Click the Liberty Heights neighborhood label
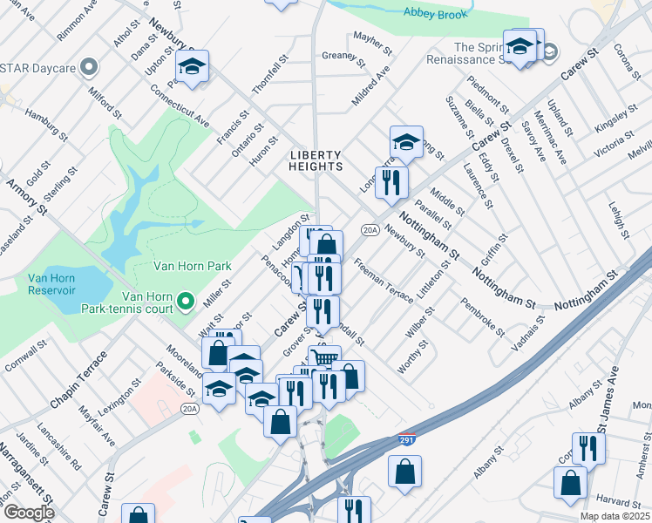point(316,160)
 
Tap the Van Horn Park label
point(192,266)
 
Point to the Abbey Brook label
point(437,11)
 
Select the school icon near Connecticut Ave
point(193,66)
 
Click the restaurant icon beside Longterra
point(391,182)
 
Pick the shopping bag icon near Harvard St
point(570,481)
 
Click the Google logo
point(29,513)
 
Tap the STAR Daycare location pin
point(89,66)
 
